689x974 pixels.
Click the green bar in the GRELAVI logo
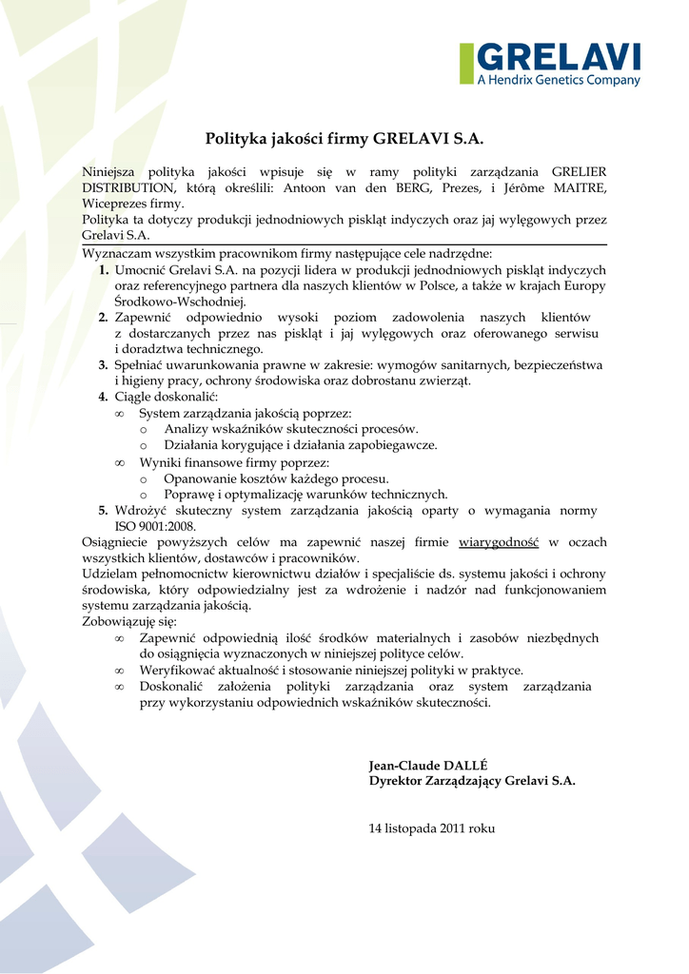point(466,64)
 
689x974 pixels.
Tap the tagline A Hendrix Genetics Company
point(559,81)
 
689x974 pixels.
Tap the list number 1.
point(103,270)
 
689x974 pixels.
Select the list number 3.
point(103,364)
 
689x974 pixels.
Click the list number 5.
point(103,511)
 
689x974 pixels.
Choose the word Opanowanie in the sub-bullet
point(197,478)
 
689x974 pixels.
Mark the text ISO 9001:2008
point(155,526)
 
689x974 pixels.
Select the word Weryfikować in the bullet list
point(177,670)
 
